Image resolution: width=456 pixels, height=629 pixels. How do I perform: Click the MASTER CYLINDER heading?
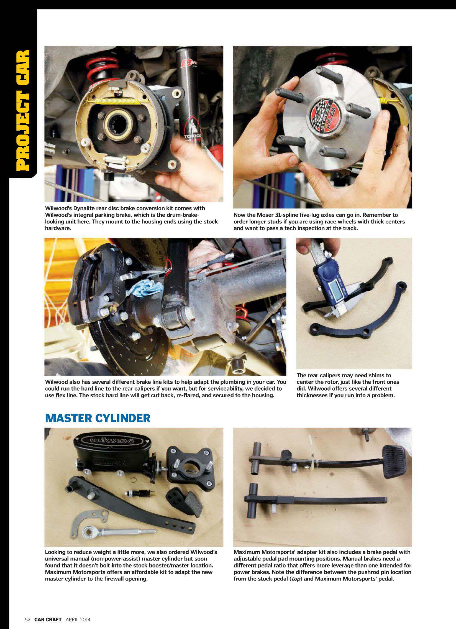tap(98, 418)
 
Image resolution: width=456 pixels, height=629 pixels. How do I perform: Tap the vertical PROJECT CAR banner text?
tap(23, 110)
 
